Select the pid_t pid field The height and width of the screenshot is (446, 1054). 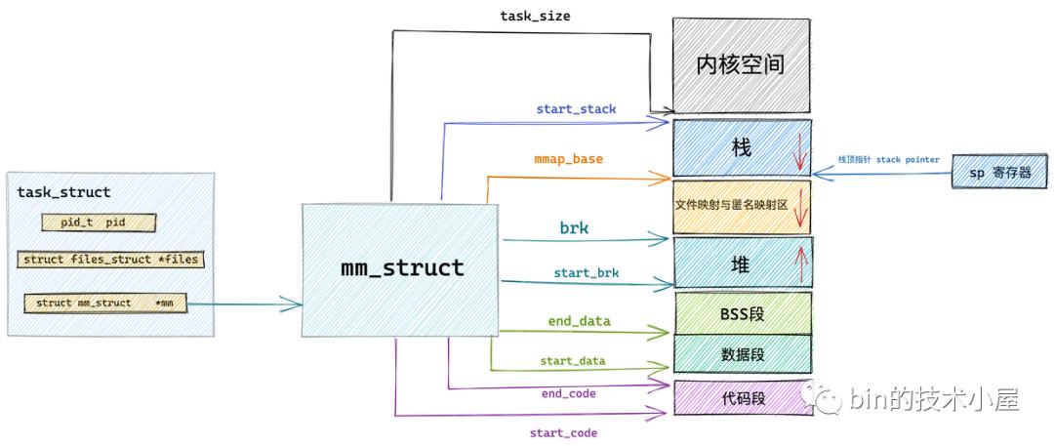(x=99, y=223)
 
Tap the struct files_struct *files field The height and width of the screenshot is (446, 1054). (x=111, y=260)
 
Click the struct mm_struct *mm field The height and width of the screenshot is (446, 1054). (x=105, y=304)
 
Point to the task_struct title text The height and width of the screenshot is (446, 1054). (x=63, y=192)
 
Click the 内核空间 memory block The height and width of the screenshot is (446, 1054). (x=742, y=65)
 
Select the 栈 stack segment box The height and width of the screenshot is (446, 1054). (x=742, y=147)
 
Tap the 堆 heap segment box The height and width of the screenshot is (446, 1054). (x=742, y=263)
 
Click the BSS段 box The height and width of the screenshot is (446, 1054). (x=742, y=312)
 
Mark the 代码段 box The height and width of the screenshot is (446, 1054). (x=742, y=397)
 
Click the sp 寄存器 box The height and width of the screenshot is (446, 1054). (x=999, y=172)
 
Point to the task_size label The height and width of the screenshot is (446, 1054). (x=535, y=16)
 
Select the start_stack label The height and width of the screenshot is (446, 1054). (x=576, y=109)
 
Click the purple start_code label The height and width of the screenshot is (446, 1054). (x=563, y=432)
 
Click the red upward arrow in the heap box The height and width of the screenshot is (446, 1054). (x=801, y=264)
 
